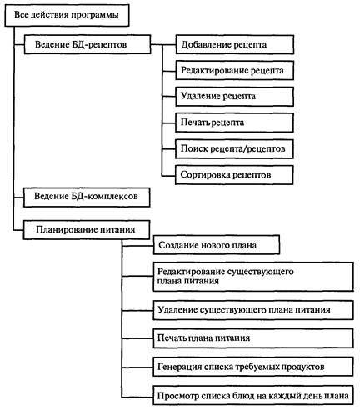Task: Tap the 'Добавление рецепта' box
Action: tap(234, 43)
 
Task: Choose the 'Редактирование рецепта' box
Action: tap(234, 70)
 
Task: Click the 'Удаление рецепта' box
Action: tap(234, 96)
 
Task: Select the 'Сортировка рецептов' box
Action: tap(234, 174)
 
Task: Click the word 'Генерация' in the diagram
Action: tap(180, 367)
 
